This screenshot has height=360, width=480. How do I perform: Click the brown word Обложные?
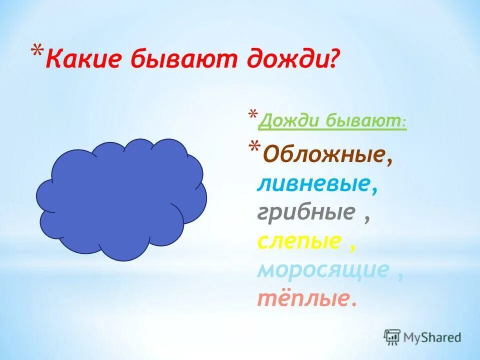[x=324, y=156]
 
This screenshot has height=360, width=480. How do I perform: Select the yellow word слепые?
[x=299, y=242]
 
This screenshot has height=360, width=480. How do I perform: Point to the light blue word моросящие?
[x=323, y=270]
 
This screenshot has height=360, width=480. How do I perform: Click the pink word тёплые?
[x=303, y=298]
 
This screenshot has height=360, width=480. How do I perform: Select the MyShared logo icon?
[x=392, y=337]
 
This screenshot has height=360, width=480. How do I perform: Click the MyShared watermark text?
[x=432, y=337]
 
